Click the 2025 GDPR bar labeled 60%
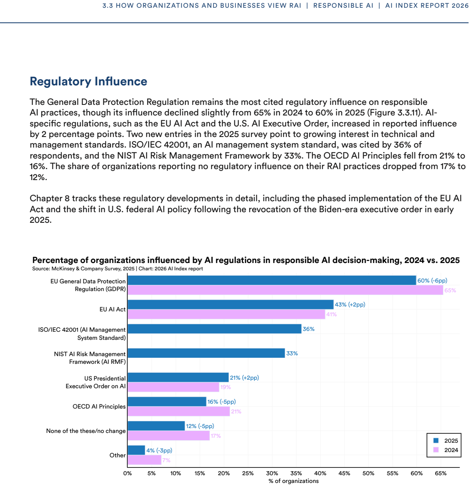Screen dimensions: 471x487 [272, 280]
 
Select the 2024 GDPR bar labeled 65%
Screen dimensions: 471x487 [285, 290]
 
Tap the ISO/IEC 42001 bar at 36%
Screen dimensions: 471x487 [214, 329]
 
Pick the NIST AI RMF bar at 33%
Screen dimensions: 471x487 [206, 353]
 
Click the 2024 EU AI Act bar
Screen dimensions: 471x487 [227, 314]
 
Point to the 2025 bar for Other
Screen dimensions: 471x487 [136, 450]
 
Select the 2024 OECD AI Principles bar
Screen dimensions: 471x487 [179, 411]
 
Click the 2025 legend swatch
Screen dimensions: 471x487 [436, 440]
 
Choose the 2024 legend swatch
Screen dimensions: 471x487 [436, 450]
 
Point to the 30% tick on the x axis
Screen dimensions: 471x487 [272, 473]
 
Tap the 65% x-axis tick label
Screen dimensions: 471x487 [441, 473]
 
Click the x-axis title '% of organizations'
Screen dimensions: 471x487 [294, 481]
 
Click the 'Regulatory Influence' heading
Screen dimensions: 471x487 [89, 81]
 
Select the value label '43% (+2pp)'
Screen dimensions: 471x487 [350, 305]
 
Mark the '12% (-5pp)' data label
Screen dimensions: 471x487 [200, 426]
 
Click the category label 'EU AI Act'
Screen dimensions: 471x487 [113, 309]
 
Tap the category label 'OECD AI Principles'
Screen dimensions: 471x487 [99, 407]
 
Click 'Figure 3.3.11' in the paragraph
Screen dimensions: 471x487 [394, 113]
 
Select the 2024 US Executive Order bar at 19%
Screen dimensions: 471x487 [173, 387]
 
